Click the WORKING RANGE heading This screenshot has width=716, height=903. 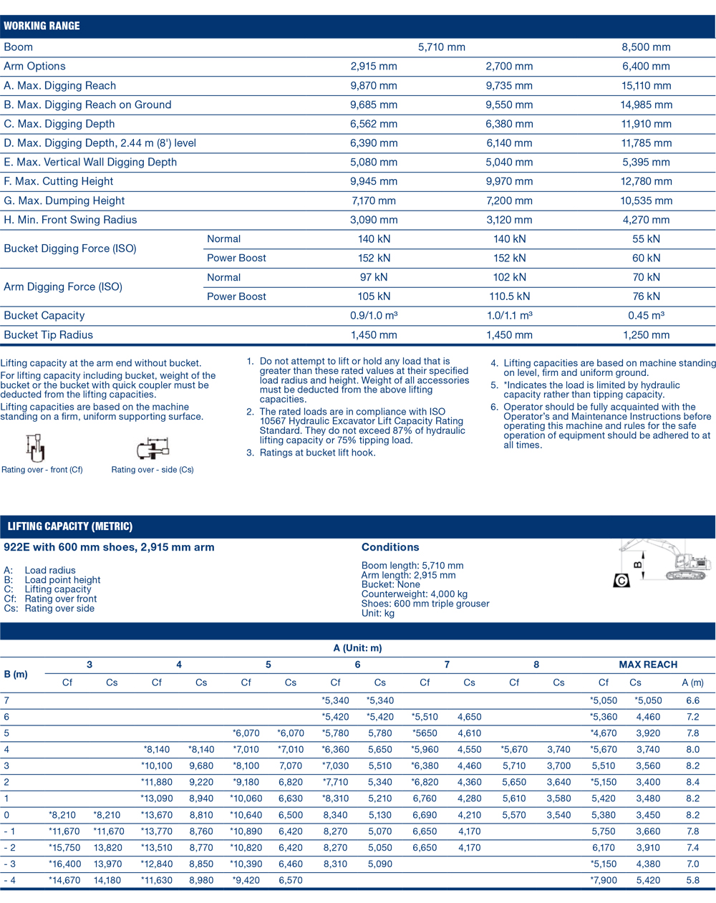pyautogui.click(x=42, y=26)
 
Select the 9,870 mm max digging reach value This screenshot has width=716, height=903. pyautogui.click(x=373, y=86)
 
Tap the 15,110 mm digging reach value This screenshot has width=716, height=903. pyautogui.click(x=646, y=86)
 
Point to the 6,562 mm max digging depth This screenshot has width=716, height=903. pyautogui.click(x=373, y=124)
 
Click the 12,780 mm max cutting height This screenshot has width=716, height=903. pyautogui.click(x=646, y=182)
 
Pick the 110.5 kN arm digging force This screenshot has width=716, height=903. pyautogui.click(x=509, y=296)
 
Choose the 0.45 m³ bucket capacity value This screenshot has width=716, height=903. pyautogui.click(x=646, y=316)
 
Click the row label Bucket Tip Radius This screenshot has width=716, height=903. pyautogui.click(x=49, y=335)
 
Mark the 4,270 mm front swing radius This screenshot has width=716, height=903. pyautogui.click(x=646, y=220)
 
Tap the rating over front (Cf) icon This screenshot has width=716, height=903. pyautogui.click(x=35, y=448)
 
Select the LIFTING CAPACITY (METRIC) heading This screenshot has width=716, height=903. pyautogui.click(x=70, y=526)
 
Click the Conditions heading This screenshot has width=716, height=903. pyautogui.click(x=390, y=547)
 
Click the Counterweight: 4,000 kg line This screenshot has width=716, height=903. pyautogui.click(x=415, y=594)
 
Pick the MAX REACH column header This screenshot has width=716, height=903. pyautogui.click(x=648, y=665)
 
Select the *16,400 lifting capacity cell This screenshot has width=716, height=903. pyautogui.click(x=64, y=864)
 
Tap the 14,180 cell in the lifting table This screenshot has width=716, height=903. pyautogui.click(x=107, y=881)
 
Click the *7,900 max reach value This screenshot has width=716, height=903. pyautogui.click(x=604, y=881)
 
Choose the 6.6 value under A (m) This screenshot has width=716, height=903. pyautogui.click(x=692, y=701)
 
